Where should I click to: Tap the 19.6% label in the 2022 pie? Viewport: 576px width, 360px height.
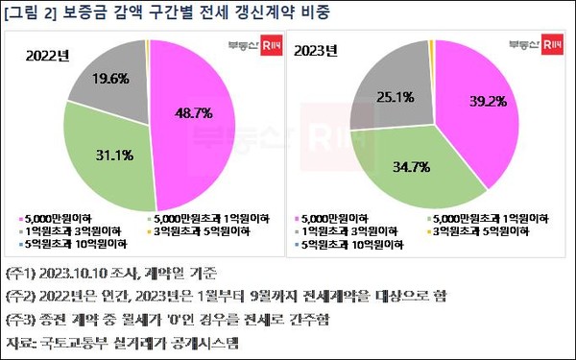pyautogui.click(x=110, y=79)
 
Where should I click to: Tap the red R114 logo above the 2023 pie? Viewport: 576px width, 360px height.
pyautogui.click(x=551, y=43)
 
